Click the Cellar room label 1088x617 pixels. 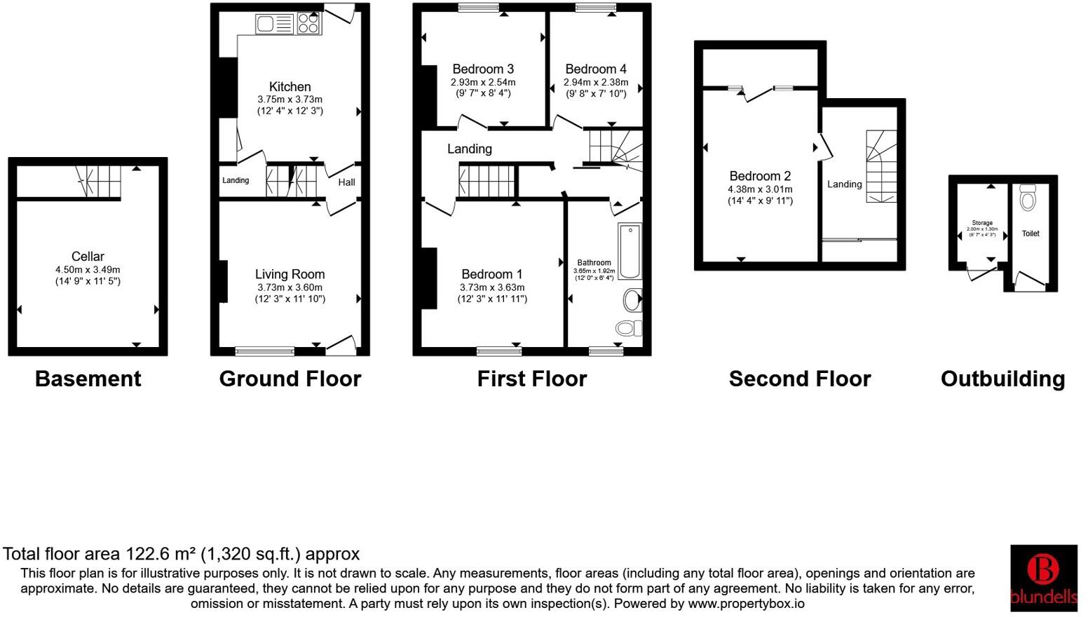(88, 257)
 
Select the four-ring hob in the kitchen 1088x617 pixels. (308, 24)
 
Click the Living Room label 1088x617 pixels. (290, 274)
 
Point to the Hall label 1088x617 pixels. (346, 182)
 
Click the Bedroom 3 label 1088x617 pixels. (483, 69)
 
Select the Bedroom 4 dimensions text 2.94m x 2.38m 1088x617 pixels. (596, 82)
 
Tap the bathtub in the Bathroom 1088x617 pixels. (630, 251)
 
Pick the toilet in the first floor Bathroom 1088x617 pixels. (628, 327)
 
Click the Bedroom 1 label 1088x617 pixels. (492, 274)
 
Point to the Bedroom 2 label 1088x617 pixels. (760, 176)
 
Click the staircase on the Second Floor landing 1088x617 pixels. (881, 166)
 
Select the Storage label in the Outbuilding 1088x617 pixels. (981, 223)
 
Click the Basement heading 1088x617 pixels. (88, 379)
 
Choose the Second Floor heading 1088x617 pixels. (799, 379)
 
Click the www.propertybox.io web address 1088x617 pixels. (746, 604)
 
